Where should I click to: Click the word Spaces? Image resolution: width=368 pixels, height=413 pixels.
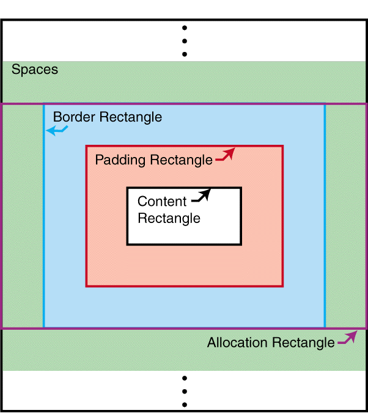(x=35, y=70)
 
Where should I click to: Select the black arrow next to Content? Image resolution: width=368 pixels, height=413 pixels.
(x=201, y=196)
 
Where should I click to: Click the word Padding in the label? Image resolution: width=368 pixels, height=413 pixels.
(x=120, y=160)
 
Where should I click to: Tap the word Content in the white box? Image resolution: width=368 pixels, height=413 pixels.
(x=162, y=202)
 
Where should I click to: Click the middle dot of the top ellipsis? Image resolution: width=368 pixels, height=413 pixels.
(x=184, y=40)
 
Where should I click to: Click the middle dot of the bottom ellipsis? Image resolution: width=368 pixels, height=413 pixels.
(x=184, y=392)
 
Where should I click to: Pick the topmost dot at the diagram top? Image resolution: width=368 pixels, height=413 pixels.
(x=184, y=27)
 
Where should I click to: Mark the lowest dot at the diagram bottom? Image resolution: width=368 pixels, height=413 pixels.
(x=184, y=404)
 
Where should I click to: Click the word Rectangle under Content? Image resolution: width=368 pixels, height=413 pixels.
(x=169, y=218)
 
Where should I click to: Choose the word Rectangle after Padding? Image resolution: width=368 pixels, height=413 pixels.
(x=182, y=160)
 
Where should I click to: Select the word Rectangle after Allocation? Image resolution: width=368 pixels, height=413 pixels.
(x=303, y=343)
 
